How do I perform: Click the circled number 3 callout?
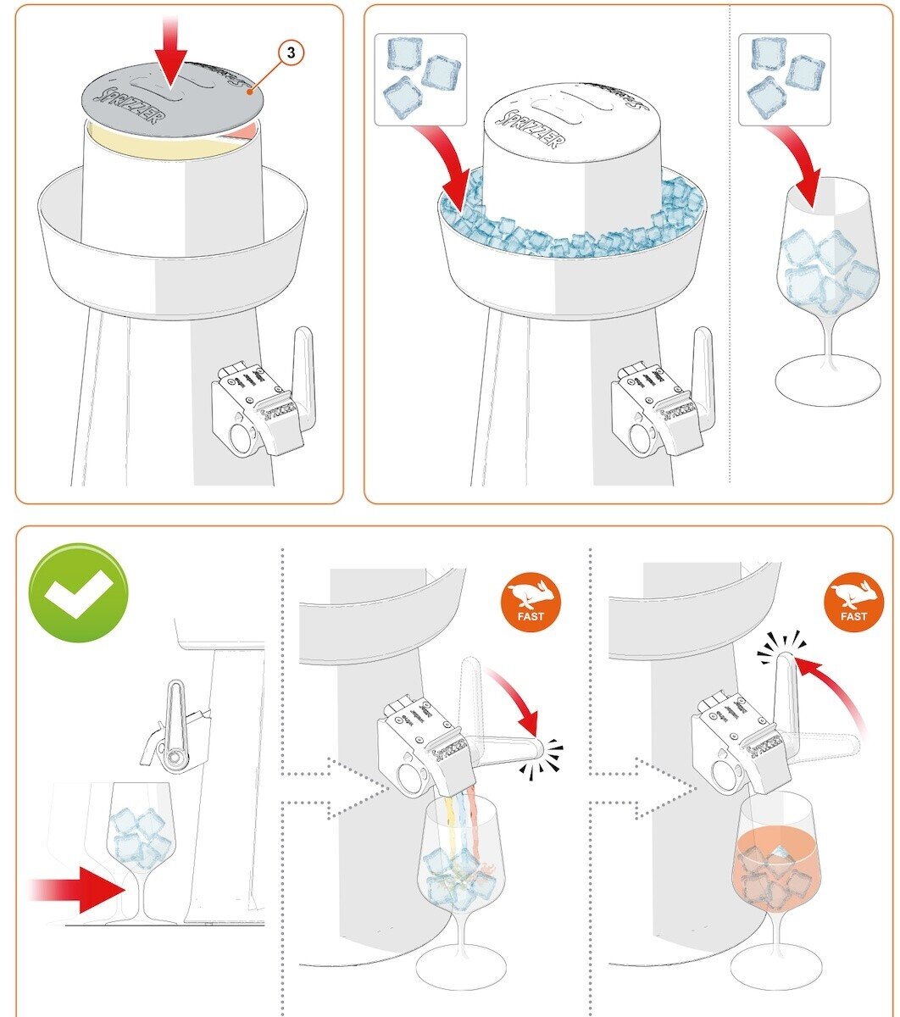pos(291,53)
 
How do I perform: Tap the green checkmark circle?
pos(78,592)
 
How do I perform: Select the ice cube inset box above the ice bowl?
pos(419,79)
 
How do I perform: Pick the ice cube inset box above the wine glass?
pos(784,79)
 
